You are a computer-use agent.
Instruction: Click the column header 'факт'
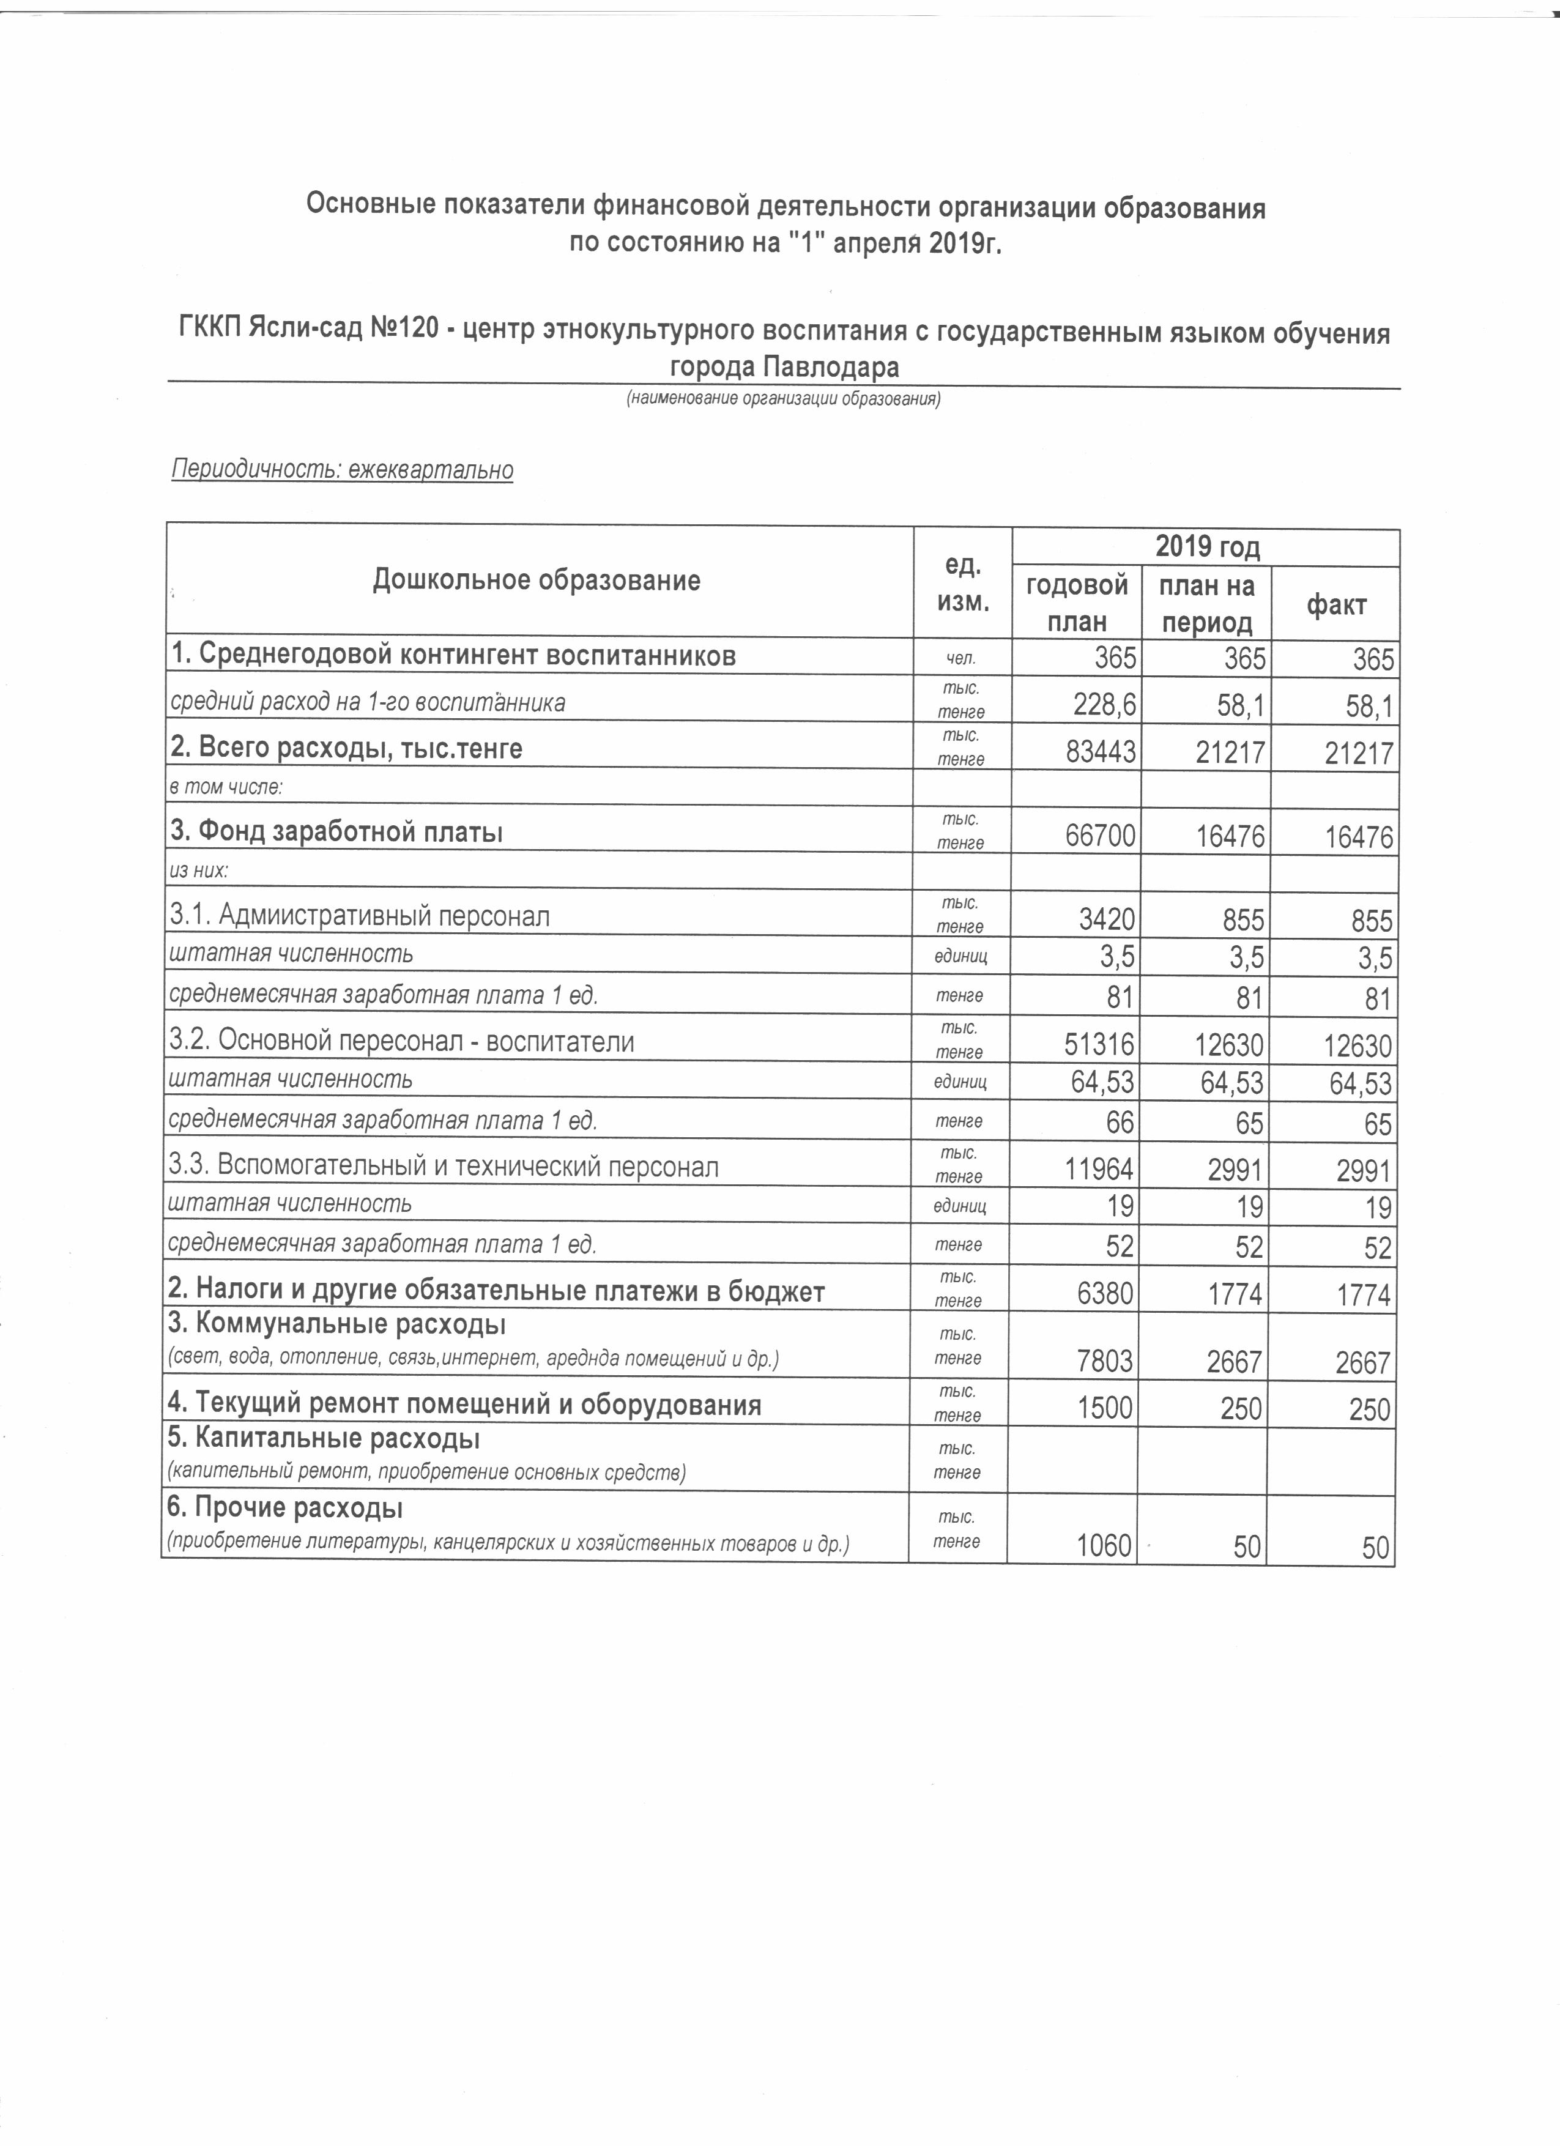[1336, 604]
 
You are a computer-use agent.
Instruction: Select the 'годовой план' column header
[1077, 603]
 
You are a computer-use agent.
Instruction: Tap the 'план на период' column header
[1207, 603]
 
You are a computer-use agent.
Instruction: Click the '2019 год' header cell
[1206, 547]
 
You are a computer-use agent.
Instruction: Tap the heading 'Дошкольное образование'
[537, 580]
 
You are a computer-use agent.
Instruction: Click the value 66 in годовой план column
[1119, 1124]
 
